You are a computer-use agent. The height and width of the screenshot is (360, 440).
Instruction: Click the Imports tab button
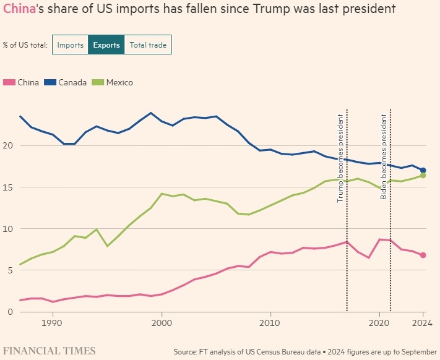pyautogui.click(x=71, y=45)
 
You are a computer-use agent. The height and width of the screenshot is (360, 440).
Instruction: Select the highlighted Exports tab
pyautogui.click(x=106, y=45)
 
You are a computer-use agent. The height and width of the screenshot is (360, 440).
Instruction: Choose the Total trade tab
pyautogui.click(x=148, y=45)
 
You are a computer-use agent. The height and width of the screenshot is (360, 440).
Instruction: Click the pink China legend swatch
pyautogui.click(x=9, y=82)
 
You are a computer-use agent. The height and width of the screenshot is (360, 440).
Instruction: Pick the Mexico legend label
pyautogui.click(x=119, y=82)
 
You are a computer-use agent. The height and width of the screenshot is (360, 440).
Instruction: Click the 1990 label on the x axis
pyautogui.click(x=52, y=322)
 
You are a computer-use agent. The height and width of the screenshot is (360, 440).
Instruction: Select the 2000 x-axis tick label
pyautogui.click(x=162, y=322)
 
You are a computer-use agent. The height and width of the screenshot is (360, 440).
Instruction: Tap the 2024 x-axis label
pyautogui.click(x=423, y=322)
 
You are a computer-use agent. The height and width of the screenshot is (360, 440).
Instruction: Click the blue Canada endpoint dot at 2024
pyautogui.click(x=423, y=170)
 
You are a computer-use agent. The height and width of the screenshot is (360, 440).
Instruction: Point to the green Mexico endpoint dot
pyautogui.click(x=423, y=176)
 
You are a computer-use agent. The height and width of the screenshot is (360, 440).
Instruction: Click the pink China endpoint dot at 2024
pyautogui.click(x=423, y=255)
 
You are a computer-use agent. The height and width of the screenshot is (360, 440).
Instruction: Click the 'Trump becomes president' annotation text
pyautogui.click(x=340, y=158)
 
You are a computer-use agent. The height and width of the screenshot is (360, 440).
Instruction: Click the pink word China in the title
pyautogui.click(x=18, y=9)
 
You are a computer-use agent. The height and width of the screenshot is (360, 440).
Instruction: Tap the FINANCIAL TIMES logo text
pyautogui.click(x=50, y=351)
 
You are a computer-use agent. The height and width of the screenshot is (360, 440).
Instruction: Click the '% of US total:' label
pyautogui.click(x=25, y=45)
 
